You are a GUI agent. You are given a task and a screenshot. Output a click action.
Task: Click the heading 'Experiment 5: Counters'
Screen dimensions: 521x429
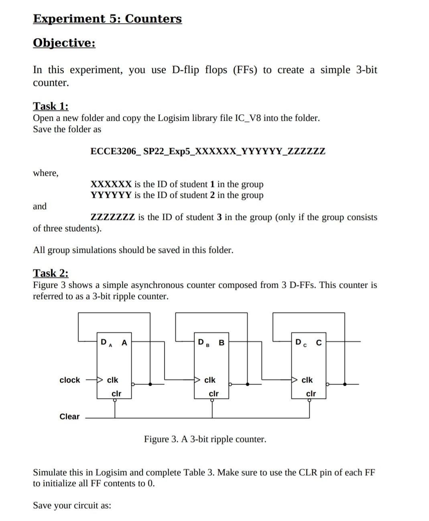(107, 19)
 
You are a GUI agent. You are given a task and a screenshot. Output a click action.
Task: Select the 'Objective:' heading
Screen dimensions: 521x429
(64, 43)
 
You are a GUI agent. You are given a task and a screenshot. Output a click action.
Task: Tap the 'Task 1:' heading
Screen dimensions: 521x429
(51, 106)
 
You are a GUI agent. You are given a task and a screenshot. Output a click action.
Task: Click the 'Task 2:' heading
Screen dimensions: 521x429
(51, 273)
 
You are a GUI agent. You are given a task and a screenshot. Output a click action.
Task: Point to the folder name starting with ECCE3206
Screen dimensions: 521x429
(208, 151)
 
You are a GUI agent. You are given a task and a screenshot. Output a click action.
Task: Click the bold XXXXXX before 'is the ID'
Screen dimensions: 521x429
(111, 184)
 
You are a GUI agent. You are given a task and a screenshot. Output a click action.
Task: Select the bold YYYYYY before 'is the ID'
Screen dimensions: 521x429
(111, 195)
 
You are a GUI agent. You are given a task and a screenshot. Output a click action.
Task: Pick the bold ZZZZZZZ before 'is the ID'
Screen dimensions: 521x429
(113, 217)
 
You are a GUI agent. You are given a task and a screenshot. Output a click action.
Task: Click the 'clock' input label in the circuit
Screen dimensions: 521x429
(70, 380)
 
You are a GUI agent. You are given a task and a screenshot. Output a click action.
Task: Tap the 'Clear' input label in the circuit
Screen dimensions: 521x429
(69, 417)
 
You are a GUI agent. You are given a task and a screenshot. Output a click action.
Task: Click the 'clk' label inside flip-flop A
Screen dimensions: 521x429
(113, 380)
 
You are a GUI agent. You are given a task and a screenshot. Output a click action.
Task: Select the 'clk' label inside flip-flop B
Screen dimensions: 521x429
(210, 380)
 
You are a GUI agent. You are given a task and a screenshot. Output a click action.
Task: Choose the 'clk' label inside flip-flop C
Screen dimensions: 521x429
(307, 380)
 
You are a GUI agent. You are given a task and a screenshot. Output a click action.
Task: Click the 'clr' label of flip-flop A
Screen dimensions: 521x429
(116, 393)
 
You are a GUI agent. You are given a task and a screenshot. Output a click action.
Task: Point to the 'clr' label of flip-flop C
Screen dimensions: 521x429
(311, 393)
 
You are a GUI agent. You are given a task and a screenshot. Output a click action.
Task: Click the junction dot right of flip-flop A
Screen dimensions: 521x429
(150, 384)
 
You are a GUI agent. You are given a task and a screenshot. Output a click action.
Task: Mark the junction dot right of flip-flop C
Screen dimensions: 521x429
(344, 384)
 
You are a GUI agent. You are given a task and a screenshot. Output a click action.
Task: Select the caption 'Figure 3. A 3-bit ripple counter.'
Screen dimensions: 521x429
(205, 439)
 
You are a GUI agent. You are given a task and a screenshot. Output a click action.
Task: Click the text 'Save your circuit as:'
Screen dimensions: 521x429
(72, 505)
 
